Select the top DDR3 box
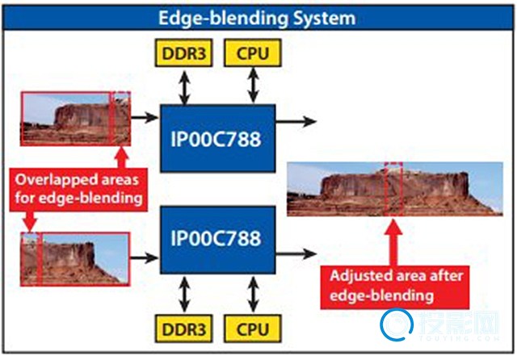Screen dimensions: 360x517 (x=185, y=54)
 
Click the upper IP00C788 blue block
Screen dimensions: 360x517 (x=217, y=138)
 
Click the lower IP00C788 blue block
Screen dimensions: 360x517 (x=217, y=239)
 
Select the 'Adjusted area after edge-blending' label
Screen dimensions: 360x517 (x=393, y=286)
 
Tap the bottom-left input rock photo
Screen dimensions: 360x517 (x=75, y=258)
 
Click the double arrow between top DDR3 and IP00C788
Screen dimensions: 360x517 (x=185, y=85)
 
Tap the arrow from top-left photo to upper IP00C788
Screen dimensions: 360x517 (x=145, y=117)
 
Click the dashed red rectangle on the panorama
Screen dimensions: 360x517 (x=393, y=189)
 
